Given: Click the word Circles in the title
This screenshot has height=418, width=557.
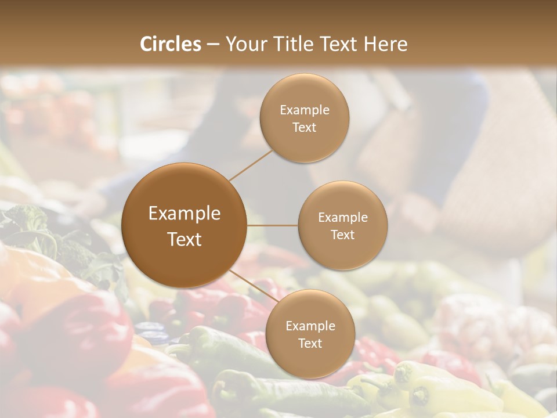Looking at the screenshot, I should [x=170, y=44].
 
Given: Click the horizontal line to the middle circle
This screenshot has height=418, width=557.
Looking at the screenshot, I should [x=273, y=225].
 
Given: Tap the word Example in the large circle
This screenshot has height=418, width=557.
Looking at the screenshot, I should [x=185, y=214].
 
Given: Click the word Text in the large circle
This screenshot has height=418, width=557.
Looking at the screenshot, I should [x=185, y=239].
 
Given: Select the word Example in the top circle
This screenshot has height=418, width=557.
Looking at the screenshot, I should [x=305, y=110].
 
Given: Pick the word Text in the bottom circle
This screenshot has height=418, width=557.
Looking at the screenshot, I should [x=310, y=344].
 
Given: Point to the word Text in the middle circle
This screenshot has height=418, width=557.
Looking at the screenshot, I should [x=342, y=235].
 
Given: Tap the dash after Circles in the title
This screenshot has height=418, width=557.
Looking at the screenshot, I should [x=213, y=44].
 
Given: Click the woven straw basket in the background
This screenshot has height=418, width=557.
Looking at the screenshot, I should [x=499, y=174].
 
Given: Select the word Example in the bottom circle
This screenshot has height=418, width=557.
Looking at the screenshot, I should [x=310, y=326].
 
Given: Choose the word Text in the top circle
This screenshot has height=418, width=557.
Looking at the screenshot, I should [x=305, y=128].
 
